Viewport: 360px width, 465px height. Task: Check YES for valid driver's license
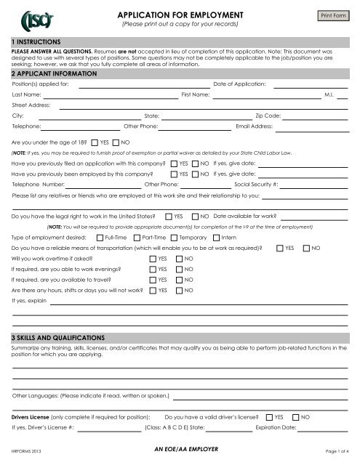pyautogui.click(x=269, y=417)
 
